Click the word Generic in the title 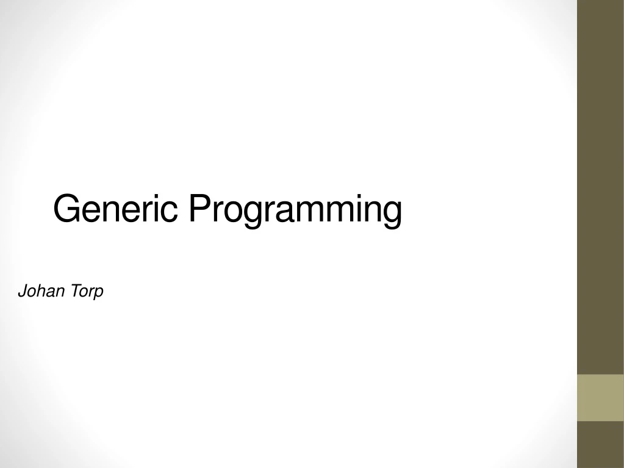tap(115, 209)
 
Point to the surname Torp tap(86, 292)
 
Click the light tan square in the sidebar tap(600, 398)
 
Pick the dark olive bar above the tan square tap(600, 183)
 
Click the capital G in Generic tap(65, 209)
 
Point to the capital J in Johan tap(22, 292)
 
